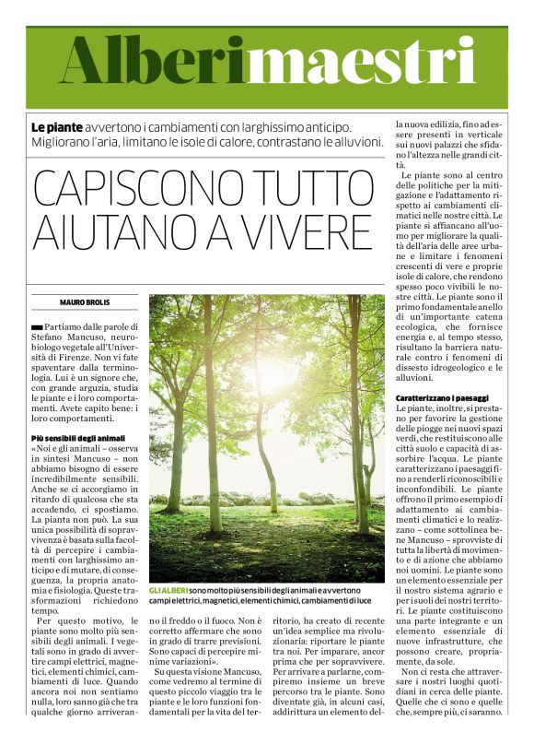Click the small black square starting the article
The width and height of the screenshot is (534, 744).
[36, 327]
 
